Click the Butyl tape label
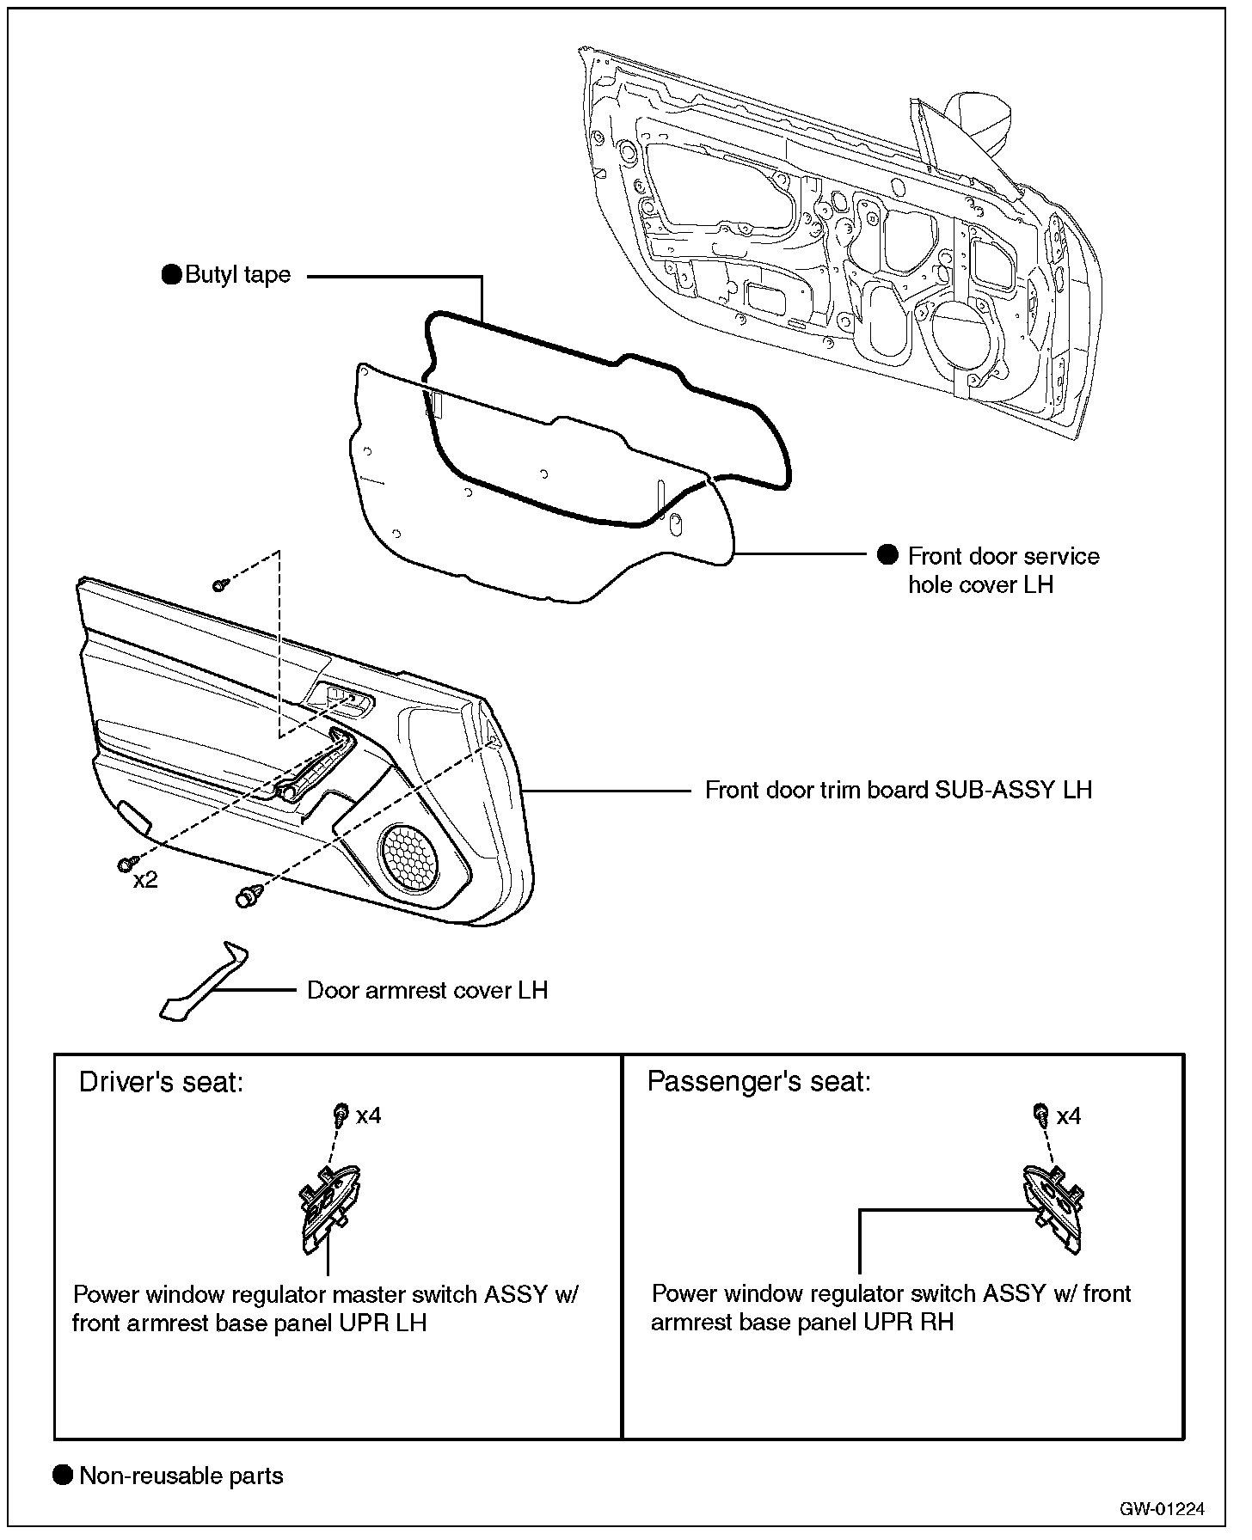point(238,276)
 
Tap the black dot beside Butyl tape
point(172,275)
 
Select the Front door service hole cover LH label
point(1003,571)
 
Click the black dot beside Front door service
point(887,555)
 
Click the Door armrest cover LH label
point(427,990)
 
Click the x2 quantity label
point(145,881)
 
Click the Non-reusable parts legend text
point(181,1476)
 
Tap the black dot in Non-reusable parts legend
point(63,1476)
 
